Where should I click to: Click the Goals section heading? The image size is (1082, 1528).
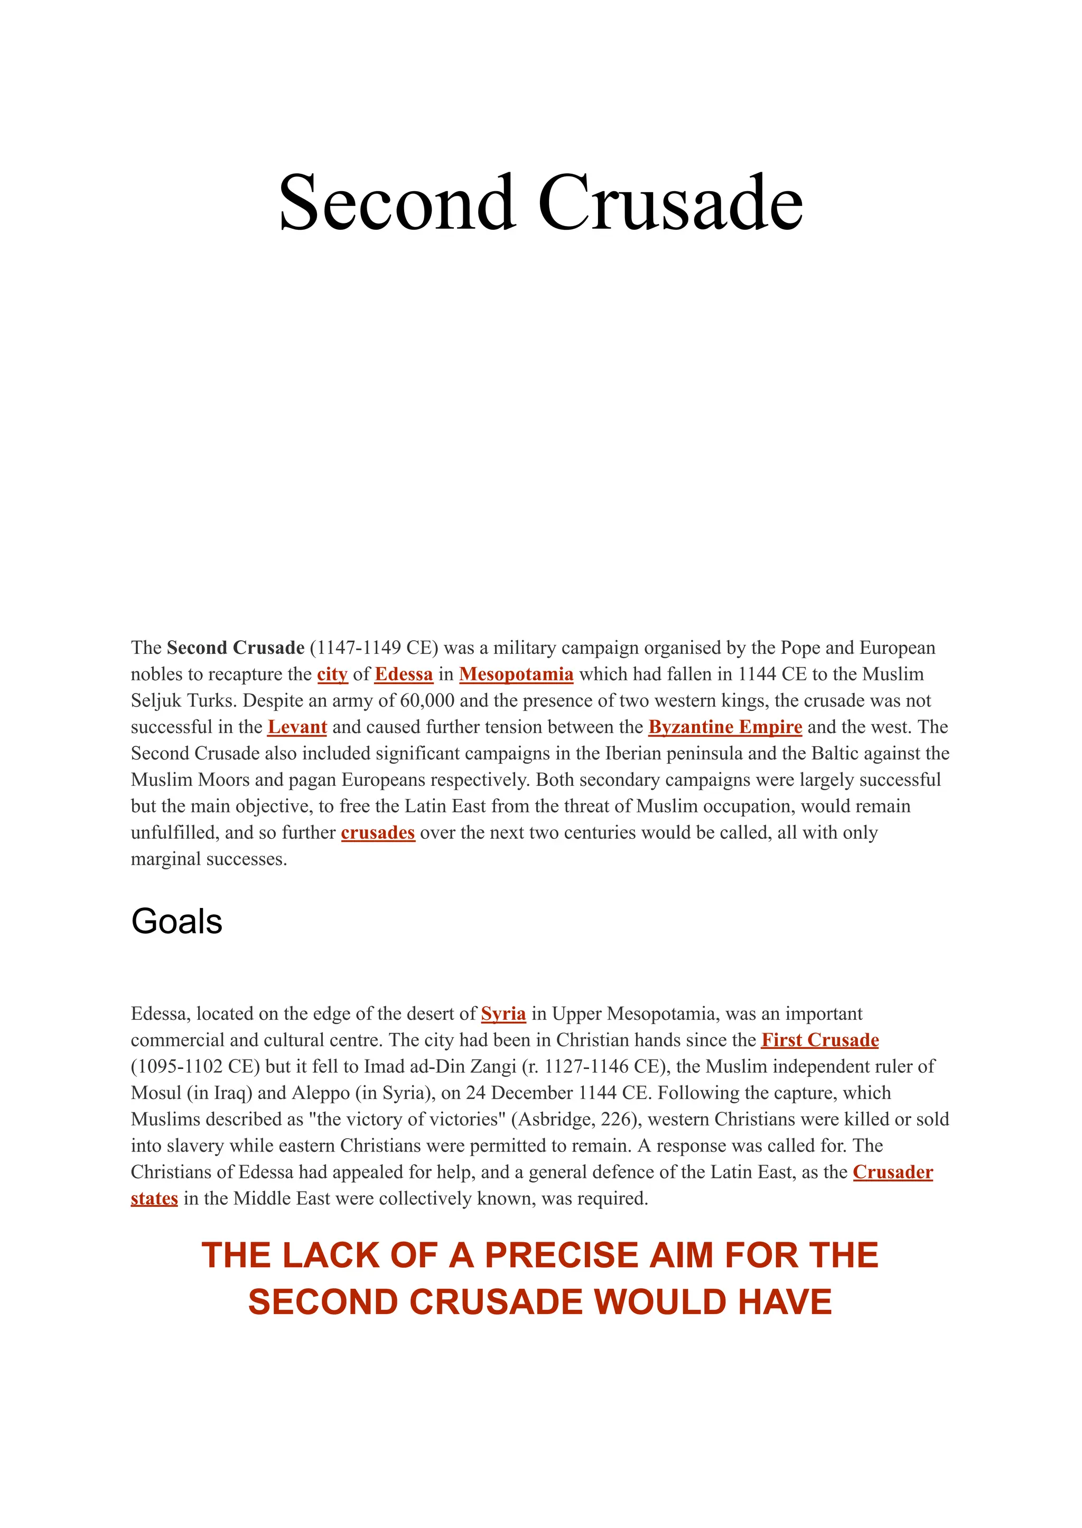[x=176, y=922]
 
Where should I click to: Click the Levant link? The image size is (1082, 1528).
[x=297, y=727]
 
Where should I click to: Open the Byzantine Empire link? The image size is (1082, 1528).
[x=725, y=727]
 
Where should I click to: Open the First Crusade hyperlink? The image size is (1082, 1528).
[x=820, y=1040]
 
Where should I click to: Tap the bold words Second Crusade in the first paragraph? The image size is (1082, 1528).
[x=235, y=648]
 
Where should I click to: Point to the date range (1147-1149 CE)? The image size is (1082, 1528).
[x=374, y=648]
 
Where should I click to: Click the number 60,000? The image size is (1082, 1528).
[x=426, y=701]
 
